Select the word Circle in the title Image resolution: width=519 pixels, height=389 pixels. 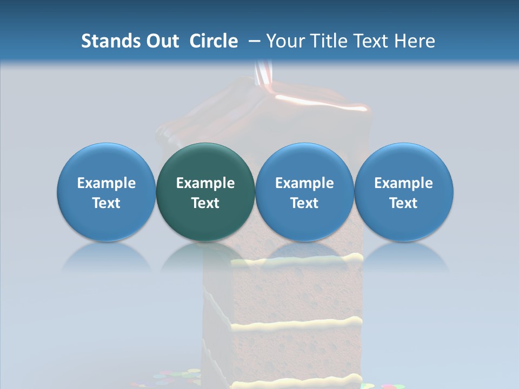tap(214, 41)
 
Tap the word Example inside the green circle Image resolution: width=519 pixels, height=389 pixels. tap(205, 184)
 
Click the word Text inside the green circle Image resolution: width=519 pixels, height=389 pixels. tap(205, 203)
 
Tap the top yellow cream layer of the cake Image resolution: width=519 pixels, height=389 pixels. tap(303, 260)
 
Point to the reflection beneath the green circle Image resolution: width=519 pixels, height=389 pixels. tap(205, 257)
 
